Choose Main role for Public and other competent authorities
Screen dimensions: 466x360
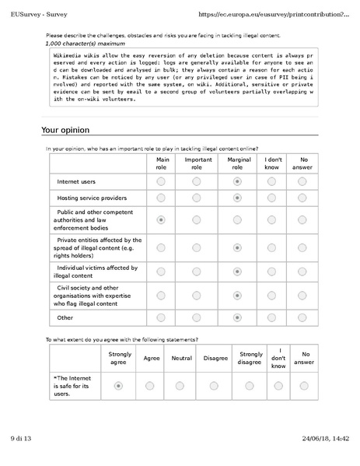(161, 220)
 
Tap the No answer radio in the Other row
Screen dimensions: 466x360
(304, 317)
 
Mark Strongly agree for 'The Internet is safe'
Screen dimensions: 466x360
(118, 385)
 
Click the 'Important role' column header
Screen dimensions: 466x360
(197, 163)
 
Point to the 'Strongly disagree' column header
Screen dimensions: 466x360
(250, 359)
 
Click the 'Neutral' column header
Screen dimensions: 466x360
(181, 359)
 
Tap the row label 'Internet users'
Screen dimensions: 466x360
(76, 180)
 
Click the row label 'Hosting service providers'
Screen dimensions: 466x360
(92, 198)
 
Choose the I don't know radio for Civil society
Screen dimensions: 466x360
(271, 296)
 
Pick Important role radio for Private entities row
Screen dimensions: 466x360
(197, 248)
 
